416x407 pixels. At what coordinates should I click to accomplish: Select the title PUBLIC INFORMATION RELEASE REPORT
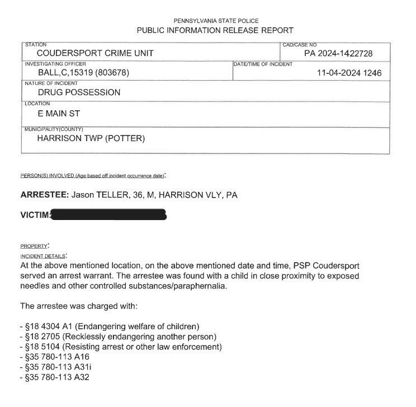[215, 30]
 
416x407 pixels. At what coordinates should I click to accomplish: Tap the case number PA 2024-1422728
[338, 54]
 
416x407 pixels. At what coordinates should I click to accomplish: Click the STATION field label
[36, 44]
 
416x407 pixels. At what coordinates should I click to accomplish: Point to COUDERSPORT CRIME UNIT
[95, 54]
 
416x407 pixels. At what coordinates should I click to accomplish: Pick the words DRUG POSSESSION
[79, 92]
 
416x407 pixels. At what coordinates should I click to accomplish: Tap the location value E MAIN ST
[59, 113]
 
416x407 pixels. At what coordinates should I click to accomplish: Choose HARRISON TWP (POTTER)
[91, 139]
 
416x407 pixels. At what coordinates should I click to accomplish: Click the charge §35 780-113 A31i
[55, 367]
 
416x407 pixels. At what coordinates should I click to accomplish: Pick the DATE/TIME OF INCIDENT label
[262, 64]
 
